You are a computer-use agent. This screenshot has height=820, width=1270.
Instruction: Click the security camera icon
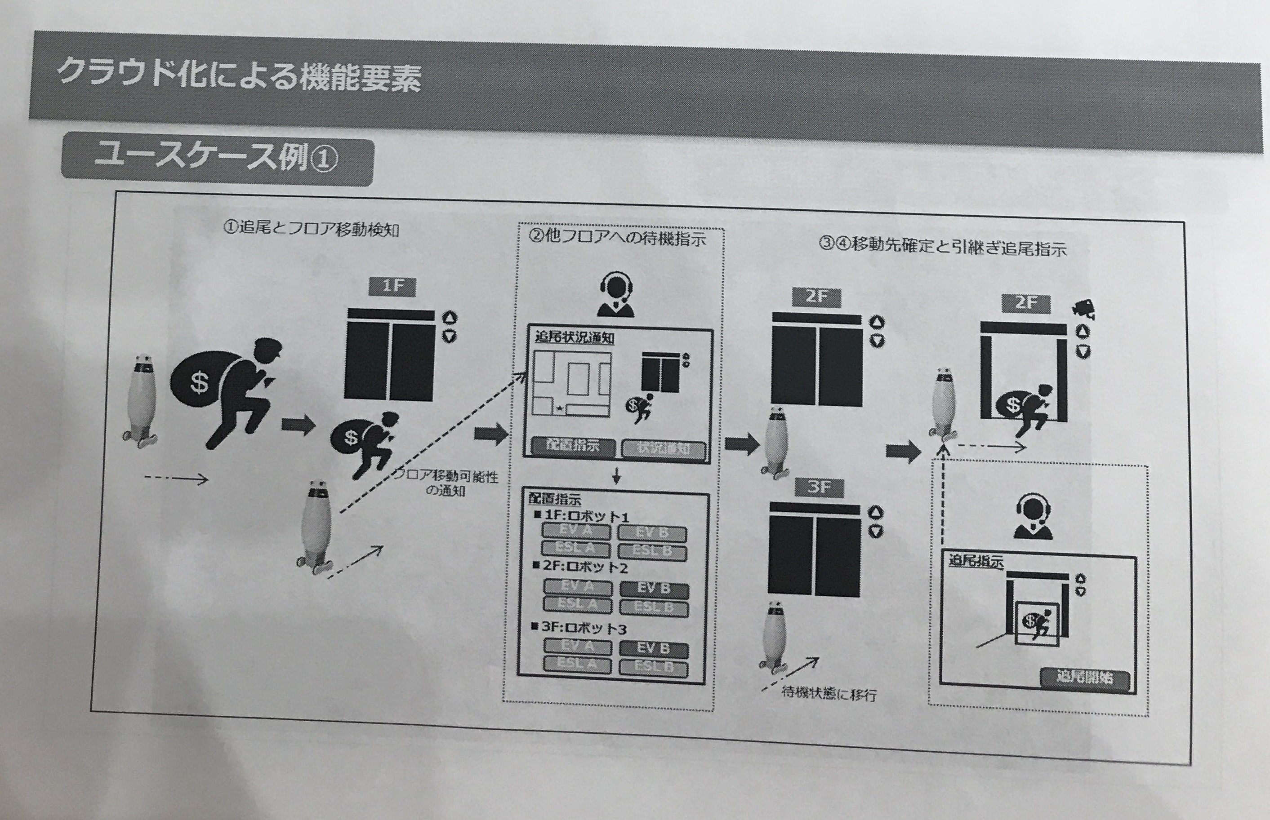pyautogui.click(x=1084, y=309)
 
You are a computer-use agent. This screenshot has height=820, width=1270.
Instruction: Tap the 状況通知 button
pyautogui.click(x=664, y=448)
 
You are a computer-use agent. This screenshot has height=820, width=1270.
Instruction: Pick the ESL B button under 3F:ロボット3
pyautogui.click(x=654, y=667)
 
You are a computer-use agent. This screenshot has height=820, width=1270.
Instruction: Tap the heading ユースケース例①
pyautogui.click(x=216, y=159)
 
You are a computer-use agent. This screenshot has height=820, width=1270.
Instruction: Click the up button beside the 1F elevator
pyautogui.click(x=450, y=318)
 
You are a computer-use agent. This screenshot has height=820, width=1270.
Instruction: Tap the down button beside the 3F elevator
pyautogui.click(x=876, y=531)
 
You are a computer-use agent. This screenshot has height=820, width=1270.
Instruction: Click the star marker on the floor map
pyautogui.click(x=560, y=408)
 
